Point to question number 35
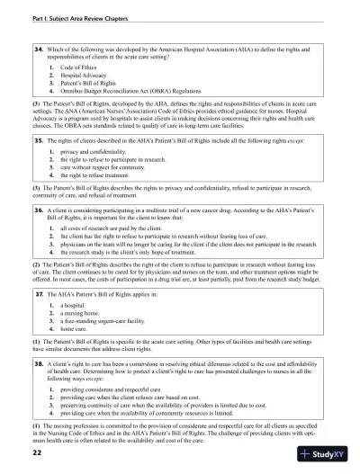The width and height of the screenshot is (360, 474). click(39, 141)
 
